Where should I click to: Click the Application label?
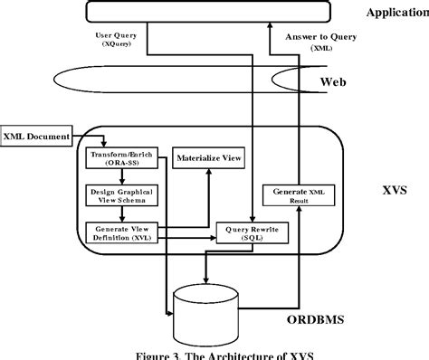[396, 12]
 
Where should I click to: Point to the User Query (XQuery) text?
[117, 40]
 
